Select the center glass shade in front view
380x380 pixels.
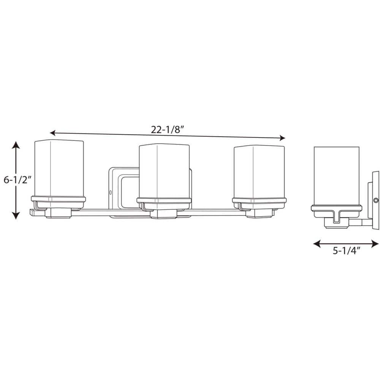click(164, 171)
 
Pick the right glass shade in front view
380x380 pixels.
click(259, 171)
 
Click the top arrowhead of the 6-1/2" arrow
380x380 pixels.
click(15, 144)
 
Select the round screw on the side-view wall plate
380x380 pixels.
click(375, 199)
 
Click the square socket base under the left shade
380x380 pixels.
click(58, 214)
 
